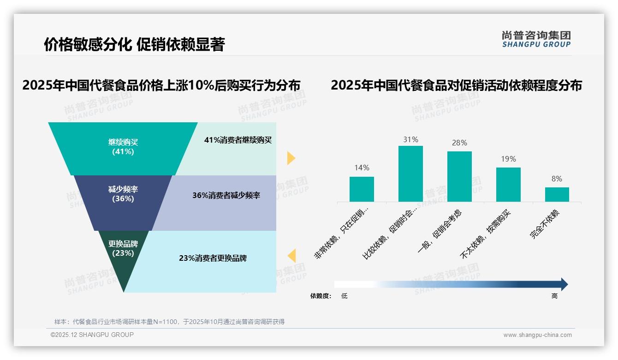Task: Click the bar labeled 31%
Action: pos(410,174)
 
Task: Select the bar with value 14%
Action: pos(362,189)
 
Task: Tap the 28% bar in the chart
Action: pos(459,177)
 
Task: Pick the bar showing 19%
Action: pos(508,185)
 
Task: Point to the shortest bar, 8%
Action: pos(557,195)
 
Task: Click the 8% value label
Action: pos(557,179)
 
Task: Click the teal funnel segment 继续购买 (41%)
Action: pos(123,147)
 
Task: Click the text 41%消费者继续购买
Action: pos(238,140)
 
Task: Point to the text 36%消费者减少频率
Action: pos(226,196)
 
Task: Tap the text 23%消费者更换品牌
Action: pos(213,258)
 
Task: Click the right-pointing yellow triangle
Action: pos(291,158)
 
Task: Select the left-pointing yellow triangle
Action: pos(291,255)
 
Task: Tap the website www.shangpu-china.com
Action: pos(537,335)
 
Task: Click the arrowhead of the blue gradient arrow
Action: pos(564,284)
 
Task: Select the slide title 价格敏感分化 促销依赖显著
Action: pos(134,45)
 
